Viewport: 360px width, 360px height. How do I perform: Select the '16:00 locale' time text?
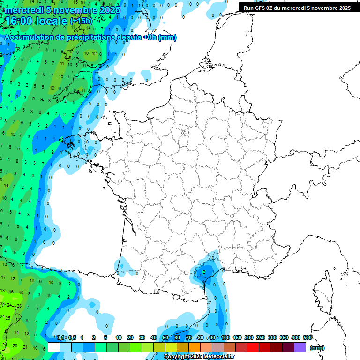pyautogui.click(x=36, y=21)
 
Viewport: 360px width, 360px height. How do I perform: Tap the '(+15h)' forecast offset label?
pyautogui.click(x=81, y=21)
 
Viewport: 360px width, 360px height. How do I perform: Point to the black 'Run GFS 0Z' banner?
pyautogui.click(x=297, y=7)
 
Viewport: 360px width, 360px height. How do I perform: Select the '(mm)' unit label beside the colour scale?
pyautogui.click(x=317, y=348)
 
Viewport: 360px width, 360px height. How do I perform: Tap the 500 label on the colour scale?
pyautogui.click(x=307, y=338)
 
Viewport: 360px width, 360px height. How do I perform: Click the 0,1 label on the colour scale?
pyautogui.click(x=60, y=338)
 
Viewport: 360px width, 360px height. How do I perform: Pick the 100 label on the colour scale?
pyautogui.click(x=225, y=338)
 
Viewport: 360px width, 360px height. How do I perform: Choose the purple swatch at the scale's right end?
pyautogui.click(x=300, y=347)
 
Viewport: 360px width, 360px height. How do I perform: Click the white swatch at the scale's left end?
pyautogui.click(x=53, y=347)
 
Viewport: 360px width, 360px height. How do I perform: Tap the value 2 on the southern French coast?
pyautogui.click(x=204, y=272)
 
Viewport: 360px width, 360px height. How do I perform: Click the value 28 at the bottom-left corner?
pyautogui.click(x=15, y=345)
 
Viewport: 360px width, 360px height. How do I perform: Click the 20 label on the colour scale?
pyautogui.click(x=130, y=338)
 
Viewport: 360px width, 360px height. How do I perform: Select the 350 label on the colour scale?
pyautogui.click(x=284, y=338)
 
